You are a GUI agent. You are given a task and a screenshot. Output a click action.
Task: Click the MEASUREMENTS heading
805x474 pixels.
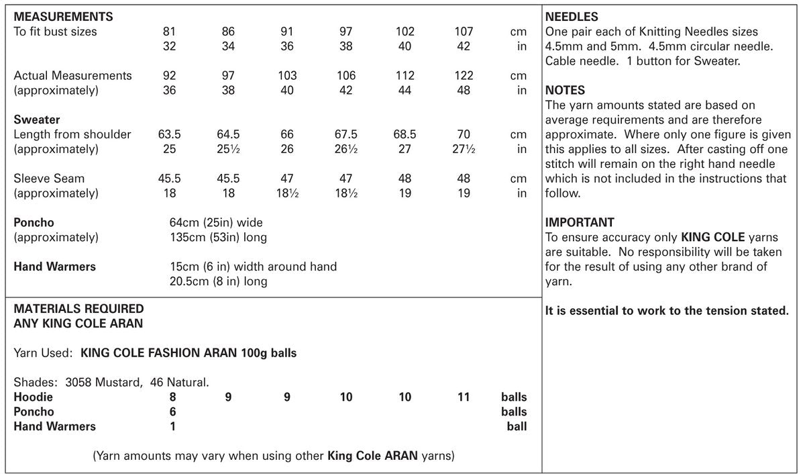click(x=63, y=17)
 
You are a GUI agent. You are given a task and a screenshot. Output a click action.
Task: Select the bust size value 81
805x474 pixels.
click(x=170, y=32)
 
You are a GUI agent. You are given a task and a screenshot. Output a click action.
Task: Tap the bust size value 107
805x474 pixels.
click(x=464, y=32)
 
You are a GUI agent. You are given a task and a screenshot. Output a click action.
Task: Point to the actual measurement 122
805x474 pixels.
click(x=464, y=76)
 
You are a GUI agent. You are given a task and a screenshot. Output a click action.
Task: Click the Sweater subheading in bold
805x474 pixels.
click(x=37, y=120)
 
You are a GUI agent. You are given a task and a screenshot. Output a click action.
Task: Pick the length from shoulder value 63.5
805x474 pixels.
click(x=170, y=134)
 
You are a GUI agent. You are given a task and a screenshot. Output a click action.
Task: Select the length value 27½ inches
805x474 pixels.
click(x=464, y=149)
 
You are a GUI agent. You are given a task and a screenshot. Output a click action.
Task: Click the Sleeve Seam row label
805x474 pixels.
click(x=49, y=179)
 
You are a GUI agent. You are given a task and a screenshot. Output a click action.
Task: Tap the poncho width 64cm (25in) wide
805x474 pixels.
click(x=217, y=223)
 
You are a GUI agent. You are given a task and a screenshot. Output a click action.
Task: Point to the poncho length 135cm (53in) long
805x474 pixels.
click(x=219, y=238)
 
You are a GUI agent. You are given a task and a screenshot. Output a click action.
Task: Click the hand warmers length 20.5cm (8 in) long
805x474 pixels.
click(x=219, y=281)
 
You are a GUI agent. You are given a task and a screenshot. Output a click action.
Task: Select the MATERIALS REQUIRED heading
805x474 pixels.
click(x=78, y=309)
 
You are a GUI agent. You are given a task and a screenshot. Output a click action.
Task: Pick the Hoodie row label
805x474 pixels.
click(x=33, y=397)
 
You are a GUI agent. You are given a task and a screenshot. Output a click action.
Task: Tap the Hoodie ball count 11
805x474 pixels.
click(x=464, y=397)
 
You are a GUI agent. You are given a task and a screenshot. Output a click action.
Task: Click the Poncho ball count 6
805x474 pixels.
click(x=173, y=412)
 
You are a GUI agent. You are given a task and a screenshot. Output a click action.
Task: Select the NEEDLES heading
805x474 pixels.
click(x=572, y=17)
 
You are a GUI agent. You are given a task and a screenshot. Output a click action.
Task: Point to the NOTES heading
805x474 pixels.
click(x=565, y=91)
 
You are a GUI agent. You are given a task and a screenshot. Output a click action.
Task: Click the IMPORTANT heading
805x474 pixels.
click(x=580, y=223)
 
